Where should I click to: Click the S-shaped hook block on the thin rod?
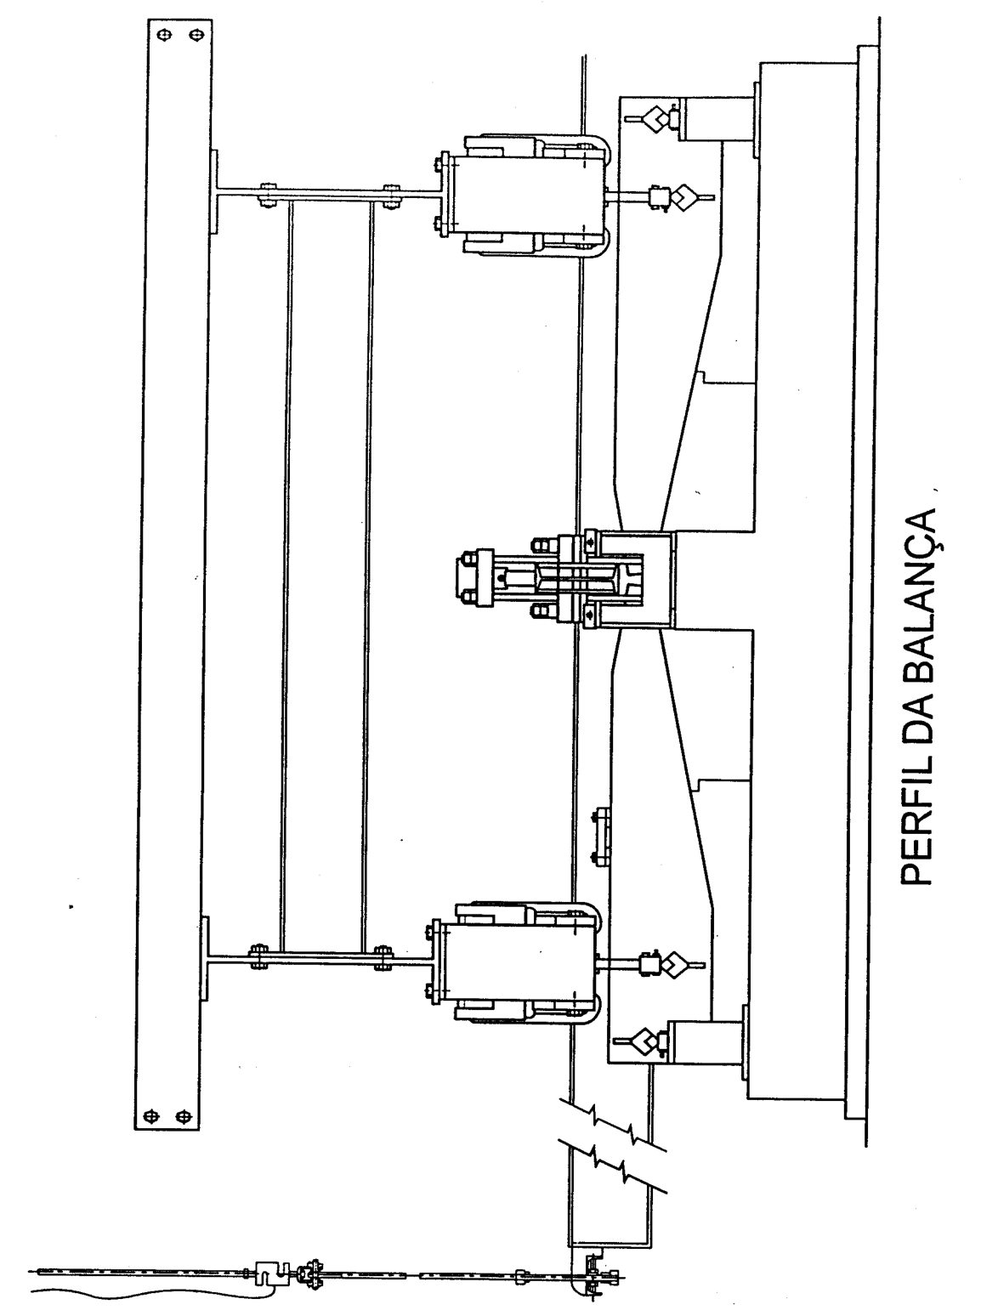tap(270, 1270)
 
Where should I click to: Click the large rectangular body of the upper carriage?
tap(526, 195)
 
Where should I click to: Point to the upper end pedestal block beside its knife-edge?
tap(716, 119)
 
